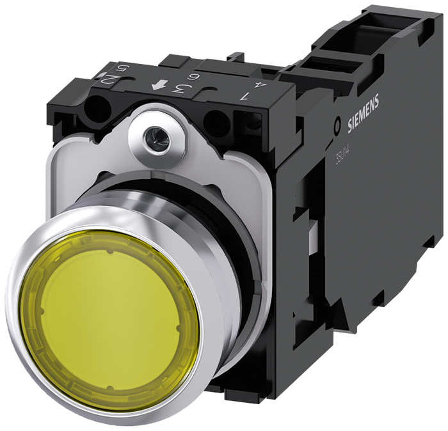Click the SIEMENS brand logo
tap(363, 113)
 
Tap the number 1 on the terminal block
tap(243, 97)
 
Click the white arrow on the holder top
tap(156, 86)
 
